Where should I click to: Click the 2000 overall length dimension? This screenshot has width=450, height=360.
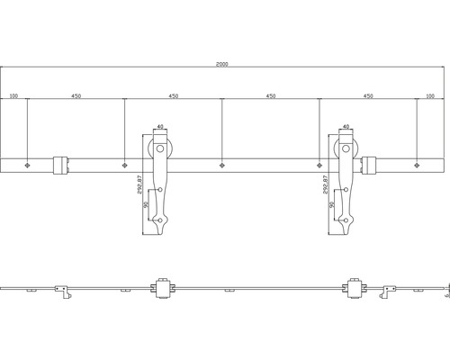tap(222, 64)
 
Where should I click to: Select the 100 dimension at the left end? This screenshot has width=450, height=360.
tap(14, 94)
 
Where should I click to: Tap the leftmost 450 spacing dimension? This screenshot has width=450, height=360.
tap(76, 94)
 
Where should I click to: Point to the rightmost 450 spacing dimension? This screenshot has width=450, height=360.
tap(367, 94)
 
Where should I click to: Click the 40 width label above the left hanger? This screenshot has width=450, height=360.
tap(160, 129)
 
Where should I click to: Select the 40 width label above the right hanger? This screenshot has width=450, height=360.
tap(344, 129)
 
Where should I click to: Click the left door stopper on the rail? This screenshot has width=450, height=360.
tap(59, 165)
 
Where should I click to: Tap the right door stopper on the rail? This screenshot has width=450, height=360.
tap(371, 165)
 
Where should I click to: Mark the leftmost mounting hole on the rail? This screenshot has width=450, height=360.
tap(28, 166)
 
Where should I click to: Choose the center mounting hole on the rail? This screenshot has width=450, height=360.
tap(222, 166)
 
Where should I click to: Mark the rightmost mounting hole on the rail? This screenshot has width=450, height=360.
tap(416, 166)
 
